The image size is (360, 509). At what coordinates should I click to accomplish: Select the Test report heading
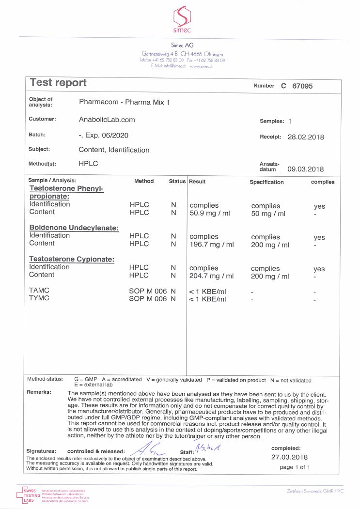point(58,83)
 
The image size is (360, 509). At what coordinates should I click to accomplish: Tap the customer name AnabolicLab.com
point(107,120)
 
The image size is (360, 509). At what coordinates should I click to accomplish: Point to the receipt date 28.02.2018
point(305,137)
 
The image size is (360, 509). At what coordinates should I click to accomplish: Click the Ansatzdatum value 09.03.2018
point(305,169)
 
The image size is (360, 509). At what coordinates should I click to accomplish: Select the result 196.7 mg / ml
point(211,245)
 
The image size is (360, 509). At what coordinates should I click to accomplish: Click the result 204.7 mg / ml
point(211,276)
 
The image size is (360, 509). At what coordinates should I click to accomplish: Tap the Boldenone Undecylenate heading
point(74,228)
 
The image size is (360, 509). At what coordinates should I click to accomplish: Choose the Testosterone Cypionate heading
point(72,259)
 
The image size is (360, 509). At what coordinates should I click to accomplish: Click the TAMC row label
point(39,291)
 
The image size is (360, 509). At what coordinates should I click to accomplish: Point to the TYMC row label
point(39,299)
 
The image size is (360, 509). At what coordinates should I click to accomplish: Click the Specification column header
point(266,182)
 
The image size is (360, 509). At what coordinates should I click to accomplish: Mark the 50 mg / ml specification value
point(268,214)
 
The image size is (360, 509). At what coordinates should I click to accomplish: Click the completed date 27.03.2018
point(289,457)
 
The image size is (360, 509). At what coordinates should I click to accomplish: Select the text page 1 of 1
point(295,467)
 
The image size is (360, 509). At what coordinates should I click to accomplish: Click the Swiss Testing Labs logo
point(32,494)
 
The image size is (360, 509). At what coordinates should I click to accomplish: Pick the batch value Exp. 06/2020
point(107,136)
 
